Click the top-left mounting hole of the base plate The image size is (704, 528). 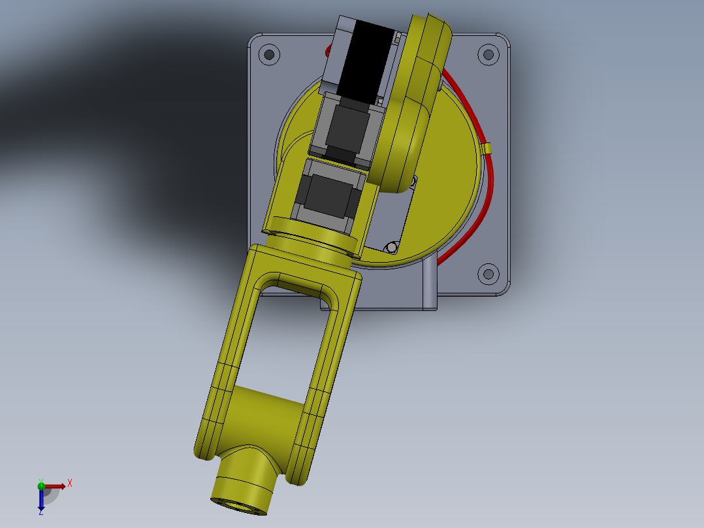[268, 54]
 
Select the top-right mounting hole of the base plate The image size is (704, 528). [487, 54]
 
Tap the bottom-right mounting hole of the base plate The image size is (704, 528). [487, 274]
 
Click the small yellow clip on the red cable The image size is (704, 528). [487, 149]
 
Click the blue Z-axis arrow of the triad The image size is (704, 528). [41, 500]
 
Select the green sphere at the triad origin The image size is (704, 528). [41, 485]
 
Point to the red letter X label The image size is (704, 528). [70, 483]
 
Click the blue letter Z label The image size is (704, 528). [40, 513]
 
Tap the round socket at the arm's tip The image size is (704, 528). [239, 503]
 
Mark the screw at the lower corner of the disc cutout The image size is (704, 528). [391, 248]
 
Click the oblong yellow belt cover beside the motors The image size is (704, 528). [413, 98]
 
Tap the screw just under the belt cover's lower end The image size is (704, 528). [413, 178]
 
